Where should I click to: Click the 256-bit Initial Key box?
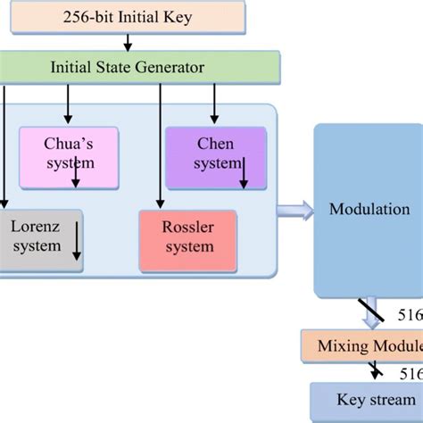[x=126, y=16]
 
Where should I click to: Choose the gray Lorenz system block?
[x=40, y=238]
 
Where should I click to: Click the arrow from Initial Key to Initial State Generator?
[x=128, y=42]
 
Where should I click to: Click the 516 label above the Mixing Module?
[x=410, y=316]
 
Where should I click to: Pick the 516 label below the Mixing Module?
[x=411, y=373]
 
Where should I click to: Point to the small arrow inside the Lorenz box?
[x=78, y=241]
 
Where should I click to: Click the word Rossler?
[x=187, y=227]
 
